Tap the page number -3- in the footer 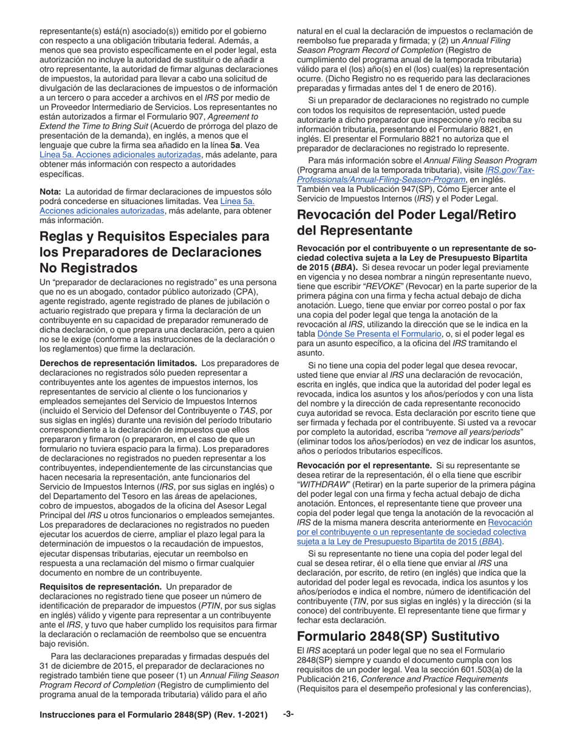coord(288,731)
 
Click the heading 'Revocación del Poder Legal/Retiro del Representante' coord(405,222)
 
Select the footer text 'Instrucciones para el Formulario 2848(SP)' coord(129,731)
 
